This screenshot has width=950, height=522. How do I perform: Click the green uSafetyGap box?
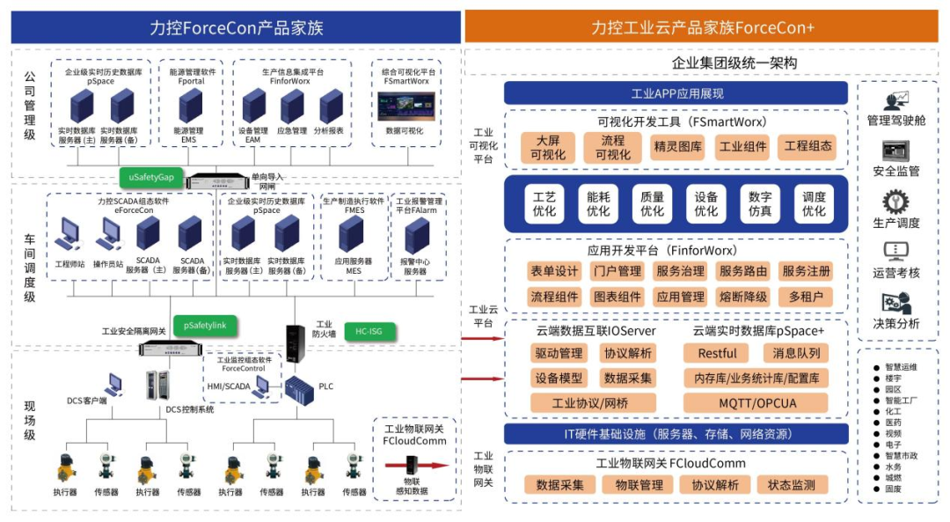[x=151, y=177]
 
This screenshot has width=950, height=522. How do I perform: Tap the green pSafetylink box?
[x=205, y=326]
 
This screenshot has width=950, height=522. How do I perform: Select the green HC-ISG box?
[x=369, y=330]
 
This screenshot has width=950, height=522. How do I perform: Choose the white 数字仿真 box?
[x=760, y=203]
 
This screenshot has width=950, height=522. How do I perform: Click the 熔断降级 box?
[x=743, y=297]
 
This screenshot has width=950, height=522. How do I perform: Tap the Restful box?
[x=717, y=354]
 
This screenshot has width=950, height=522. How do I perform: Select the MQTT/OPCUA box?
[x=756, y=403]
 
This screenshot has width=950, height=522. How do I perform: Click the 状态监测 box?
[x=792, y=485]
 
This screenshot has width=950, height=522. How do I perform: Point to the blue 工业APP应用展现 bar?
[x=676, y=93]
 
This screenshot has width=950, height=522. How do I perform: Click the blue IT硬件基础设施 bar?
[x=676, y=434]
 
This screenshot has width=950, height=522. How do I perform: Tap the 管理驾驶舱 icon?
[x=896, y=102]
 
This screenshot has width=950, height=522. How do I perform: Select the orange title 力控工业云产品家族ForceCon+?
[x=703, y=27]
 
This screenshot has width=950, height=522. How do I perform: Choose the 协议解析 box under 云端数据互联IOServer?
[x=626, y=354]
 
